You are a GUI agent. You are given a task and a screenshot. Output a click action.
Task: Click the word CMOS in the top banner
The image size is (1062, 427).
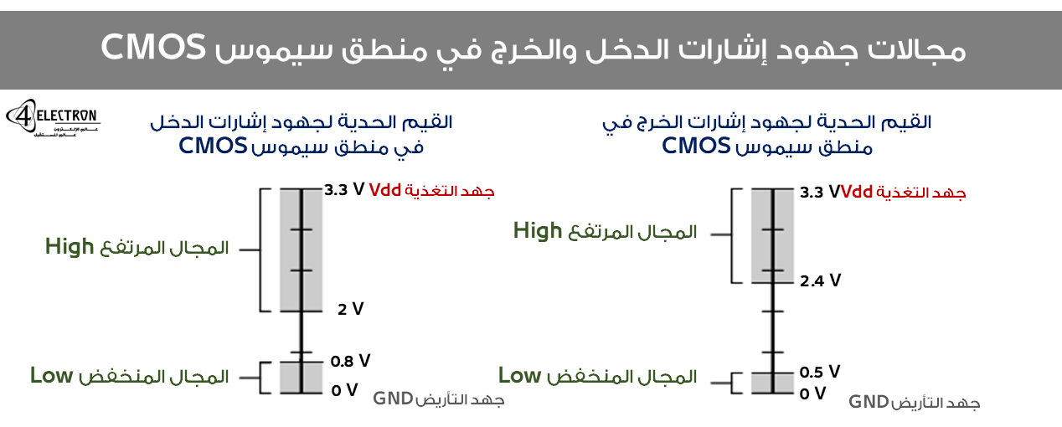point(154,48)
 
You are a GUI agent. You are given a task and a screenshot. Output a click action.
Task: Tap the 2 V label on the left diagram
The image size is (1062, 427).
point(350,309)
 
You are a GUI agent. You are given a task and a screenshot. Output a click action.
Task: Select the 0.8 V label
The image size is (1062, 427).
point(350,361)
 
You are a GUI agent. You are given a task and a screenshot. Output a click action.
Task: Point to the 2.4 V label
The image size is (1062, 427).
point(820,280)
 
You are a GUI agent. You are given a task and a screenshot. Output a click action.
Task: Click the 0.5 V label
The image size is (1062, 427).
point(819,372)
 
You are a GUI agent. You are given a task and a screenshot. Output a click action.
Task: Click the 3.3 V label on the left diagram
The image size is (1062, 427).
point(344,189)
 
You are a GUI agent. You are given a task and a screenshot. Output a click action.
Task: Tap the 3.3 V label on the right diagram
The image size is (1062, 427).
point(819,193)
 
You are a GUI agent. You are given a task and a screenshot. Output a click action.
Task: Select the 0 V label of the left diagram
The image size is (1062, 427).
point(344,389)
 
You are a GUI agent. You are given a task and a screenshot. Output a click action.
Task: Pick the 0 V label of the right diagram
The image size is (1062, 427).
point(812,393)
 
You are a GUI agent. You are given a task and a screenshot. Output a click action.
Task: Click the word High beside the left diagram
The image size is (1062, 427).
point(70,247)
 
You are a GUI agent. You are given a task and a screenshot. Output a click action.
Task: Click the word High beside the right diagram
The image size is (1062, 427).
point(537,231)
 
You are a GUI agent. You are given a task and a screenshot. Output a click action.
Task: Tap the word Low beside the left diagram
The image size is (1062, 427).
point(51,375)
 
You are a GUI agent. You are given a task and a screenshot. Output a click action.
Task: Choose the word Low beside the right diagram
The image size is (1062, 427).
point(519,376)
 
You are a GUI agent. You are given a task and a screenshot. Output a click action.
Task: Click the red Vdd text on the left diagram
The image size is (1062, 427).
point(385,189)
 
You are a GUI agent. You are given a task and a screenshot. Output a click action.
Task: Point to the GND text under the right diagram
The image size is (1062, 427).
point(869,402)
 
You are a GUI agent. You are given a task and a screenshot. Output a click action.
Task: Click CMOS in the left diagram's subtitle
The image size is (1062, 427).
point(213,147)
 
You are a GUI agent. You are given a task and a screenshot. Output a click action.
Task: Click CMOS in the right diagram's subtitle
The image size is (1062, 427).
point(696,147)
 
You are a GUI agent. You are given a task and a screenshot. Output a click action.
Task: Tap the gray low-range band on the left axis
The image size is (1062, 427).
point(301,377)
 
